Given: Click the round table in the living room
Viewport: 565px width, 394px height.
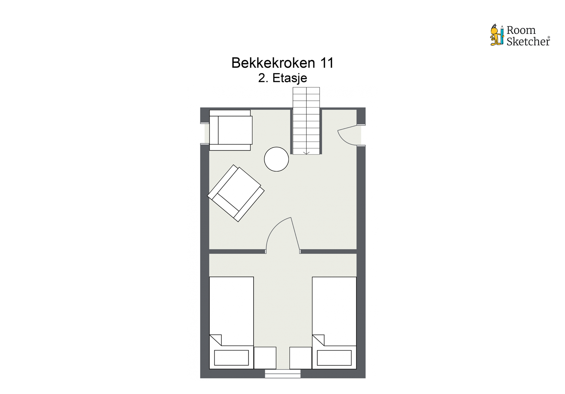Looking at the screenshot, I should click(276, 159).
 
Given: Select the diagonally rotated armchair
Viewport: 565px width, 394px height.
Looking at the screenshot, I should click(236, 193).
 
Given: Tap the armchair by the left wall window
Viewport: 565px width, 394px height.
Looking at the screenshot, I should click(231, 130).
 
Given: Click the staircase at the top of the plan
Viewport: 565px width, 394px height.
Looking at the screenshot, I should click(306, 120).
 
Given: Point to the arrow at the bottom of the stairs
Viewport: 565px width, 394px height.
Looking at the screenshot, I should click(307, 152).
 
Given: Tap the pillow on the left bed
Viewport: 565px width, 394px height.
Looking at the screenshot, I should click(231, 358).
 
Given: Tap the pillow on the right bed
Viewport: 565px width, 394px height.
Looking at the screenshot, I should click(334, 358).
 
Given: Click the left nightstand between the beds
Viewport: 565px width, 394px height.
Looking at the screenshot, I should click(265, 358).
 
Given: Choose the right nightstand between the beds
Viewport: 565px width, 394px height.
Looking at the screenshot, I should click(301, 358).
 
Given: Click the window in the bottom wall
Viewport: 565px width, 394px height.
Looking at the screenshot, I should click(282, 374).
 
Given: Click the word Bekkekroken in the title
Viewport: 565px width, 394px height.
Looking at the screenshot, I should click(273, 63).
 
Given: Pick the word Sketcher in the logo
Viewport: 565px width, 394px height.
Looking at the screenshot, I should click(528, 42).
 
